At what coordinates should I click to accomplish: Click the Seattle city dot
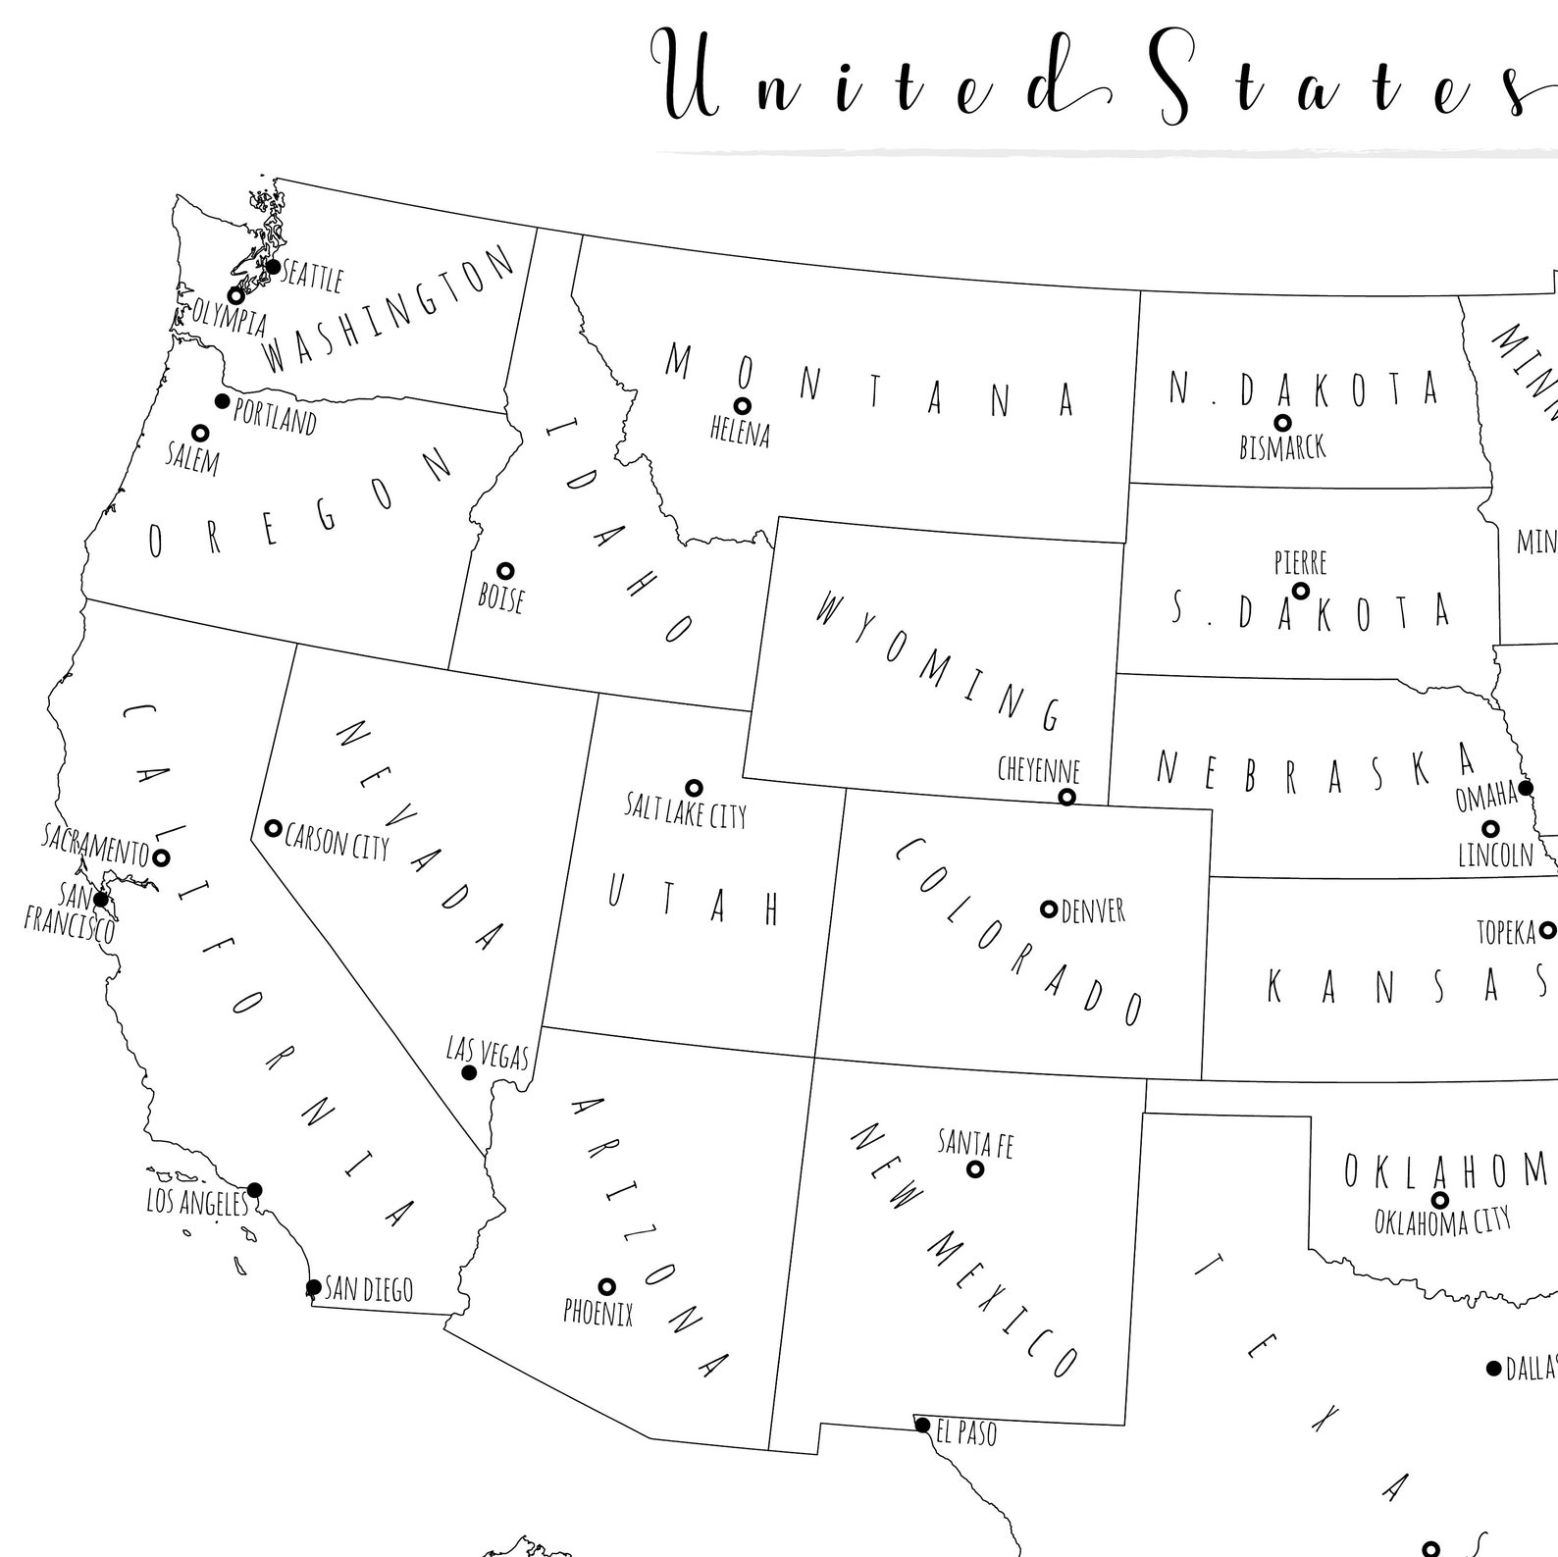click(273, 267)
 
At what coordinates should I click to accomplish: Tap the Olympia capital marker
click(235, 295)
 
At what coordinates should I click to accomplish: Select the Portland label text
click(275, 419)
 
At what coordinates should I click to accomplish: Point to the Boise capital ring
click(505, 571)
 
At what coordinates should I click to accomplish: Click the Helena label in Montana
click(740, 433)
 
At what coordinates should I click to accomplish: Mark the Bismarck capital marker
click(1282, 423)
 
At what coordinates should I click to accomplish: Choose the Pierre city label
click(1300, 563)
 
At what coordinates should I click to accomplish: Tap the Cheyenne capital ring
click(1066, 797)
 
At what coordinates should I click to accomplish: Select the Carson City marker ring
click(274, 829)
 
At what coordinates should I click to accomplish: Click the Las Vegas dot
click(469, 1073)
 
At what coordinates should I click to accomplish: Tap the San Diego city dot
click(313, 1287)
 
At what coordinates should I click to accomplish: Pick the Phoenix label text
click(597, 1313)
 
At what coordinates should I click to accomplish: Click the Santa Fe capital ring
click(975, 1169)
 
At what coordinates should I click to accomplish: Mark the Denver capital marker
click(1049, 909)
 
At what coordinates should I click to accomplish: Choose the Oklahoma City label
click(1441, 1222)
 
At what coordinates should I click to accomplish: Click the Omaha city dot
click(1526, 788)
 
